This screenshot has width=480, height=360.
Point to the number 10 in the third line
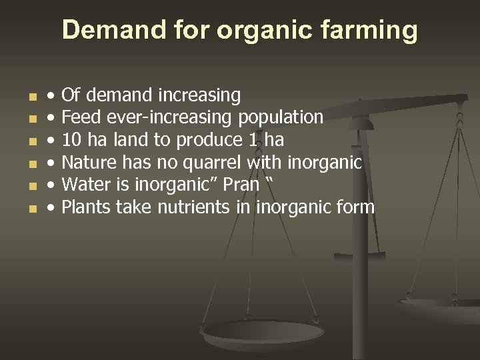click(71, 140)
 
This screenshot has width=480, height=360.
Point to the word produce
click(203, 141)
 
